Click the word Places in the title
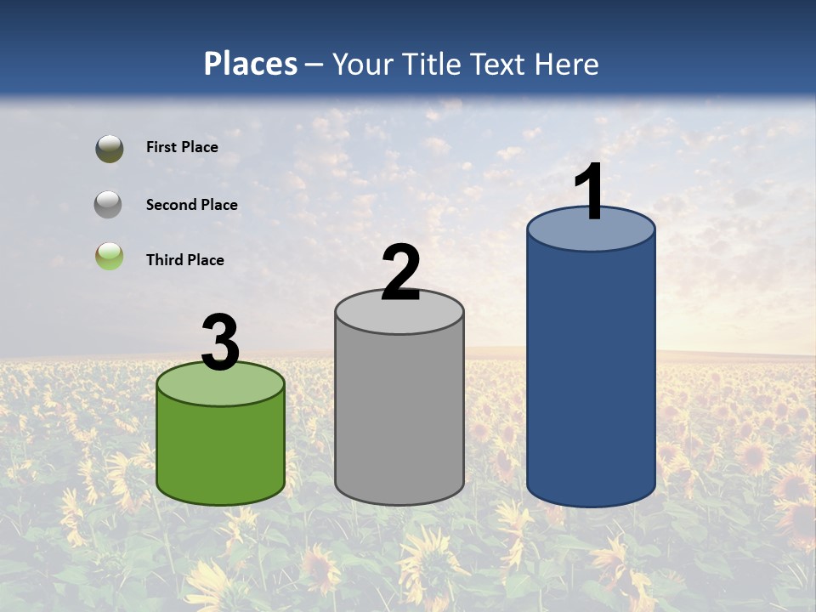[x=251, y=64]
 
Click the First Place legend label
[x=182, y=147]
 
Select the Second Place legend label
[x=191, y=205]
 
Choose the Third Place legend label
[x=185, y=260]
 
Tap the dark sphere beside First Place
[x=109, y=149]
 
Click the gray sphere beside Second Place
[x=109, y=204]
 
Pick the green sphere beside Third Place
[x=109, y=256]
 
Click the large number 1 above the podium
[x=590, y=192]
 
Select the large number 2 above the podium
[x=401, y=273]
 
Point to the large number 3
[x=220, y=343]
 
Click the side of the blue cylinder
[x=591, y=374]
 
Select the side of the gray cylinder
[x=399, y=416]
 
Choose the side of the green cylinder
[x=220, y=450]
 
